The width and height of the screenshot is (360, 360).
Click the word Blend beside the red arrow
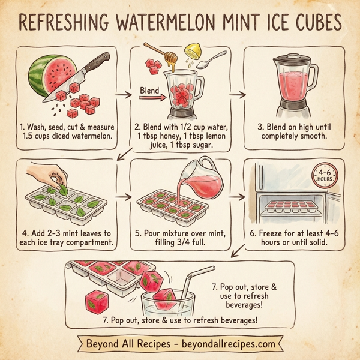[149, 92]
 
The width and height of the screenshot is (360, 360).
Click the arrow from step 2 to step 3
[238, 94]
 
